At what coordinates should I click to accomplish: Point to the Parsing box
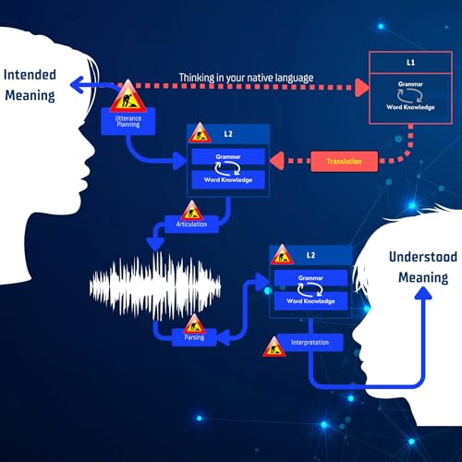(x=194, y=337)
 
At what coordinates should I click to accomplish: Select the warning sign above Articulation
(x=192, y=209)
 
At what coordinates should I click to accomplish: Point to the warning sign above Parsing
(x=194, y=323)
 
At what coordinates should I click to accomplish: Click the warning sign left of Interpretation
(x=274, y=346)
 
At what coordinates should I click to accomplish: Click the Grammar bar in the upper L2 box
(x=227, y=156)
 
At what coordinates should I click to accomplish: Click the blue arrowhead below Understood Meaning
(x=422, y=295)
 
